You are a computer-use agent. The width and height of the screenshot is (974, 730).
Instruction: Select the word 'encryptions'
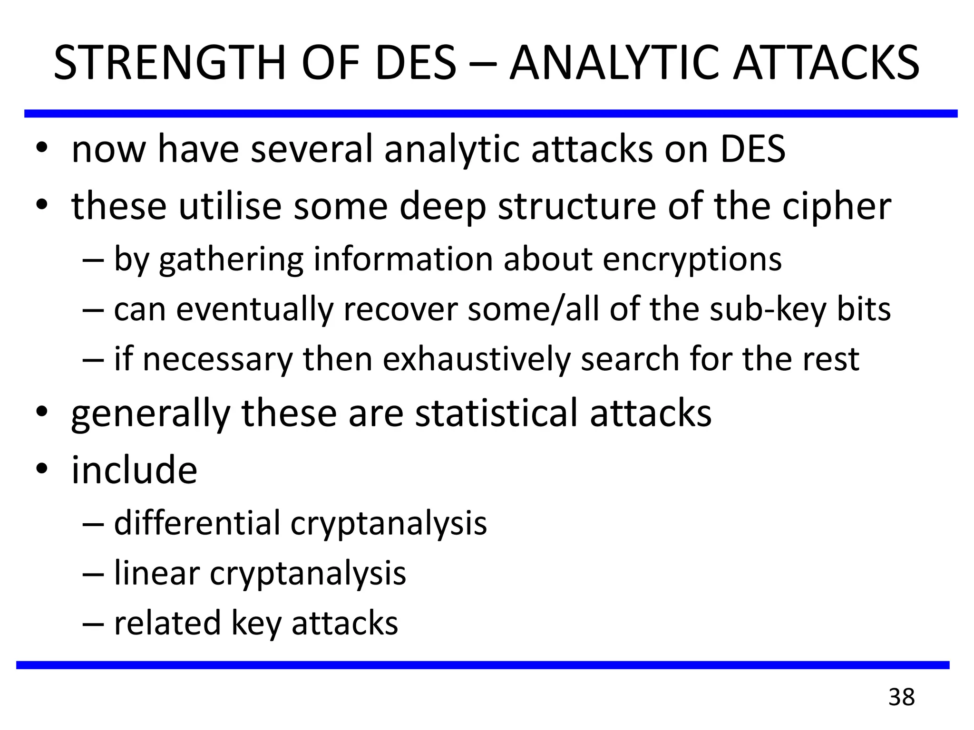(x=692, y=260)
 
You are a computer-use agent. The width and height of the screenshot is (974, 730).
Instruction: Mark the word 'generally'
(x=150, y=413)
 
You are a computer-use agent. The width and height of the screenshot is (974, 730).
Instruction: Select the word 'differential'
(x=197, y=523)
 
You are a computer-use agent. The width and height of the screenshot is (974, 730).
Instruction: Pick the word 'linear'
(x=156, y=573)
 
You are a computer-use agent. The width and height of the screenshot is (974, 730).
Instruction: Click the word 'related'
(x=167, y=623)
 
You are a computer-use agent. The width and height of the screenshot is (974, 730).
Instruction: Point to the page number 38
(x=901, y=697)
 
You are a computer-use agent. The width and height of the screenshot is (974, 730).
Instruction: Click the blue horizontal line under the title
(x=490, y=114)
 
